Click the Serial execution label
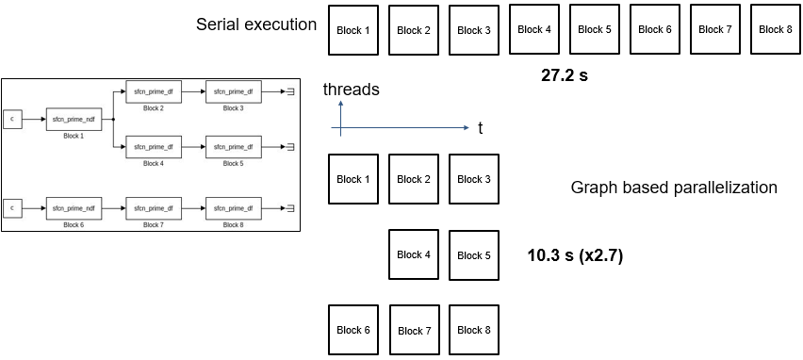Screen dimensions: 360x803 click(255, 25)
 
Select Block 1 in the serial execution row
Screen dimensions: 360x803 click(353, 30)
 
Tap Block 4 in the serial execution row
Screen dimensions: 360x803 click(534, 29)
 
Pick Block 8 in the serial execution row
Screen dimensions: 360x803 click(776, 29)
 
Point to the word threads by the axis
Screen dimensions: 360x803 click(351, 90)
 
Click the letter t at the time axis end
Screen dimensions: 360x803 click(480, 128)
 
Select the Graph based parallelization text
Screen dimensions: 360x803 click(673, 188)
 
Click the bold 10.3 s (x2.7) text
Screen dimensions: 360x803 click(575, 255)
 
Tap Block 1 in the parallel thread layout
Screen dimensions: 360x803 click(353, 179)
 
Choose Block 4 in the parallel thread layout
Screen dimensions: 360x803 click(414, 254)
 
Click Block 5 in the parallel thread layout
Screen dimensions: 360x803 click(474, 255)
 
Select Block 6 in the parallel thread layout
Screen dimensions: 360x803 click(353, 330)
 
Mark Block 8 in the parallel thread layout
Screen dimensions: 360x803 click(474, 330)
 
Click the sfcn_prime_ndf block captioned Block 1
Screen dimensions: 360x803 click(73, 119)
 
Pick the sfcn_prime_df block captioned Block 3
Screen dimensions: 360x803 click(232, 92)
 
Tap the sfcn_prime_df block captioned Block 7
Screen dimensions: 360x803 click(153, 207)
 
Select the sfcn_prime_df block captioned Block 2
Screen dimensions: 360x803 click(153, 92)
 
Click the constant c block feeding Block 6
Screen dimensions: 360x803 click(12, 207)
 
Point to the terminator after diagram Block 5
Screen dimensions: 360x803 click(291, 147)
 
